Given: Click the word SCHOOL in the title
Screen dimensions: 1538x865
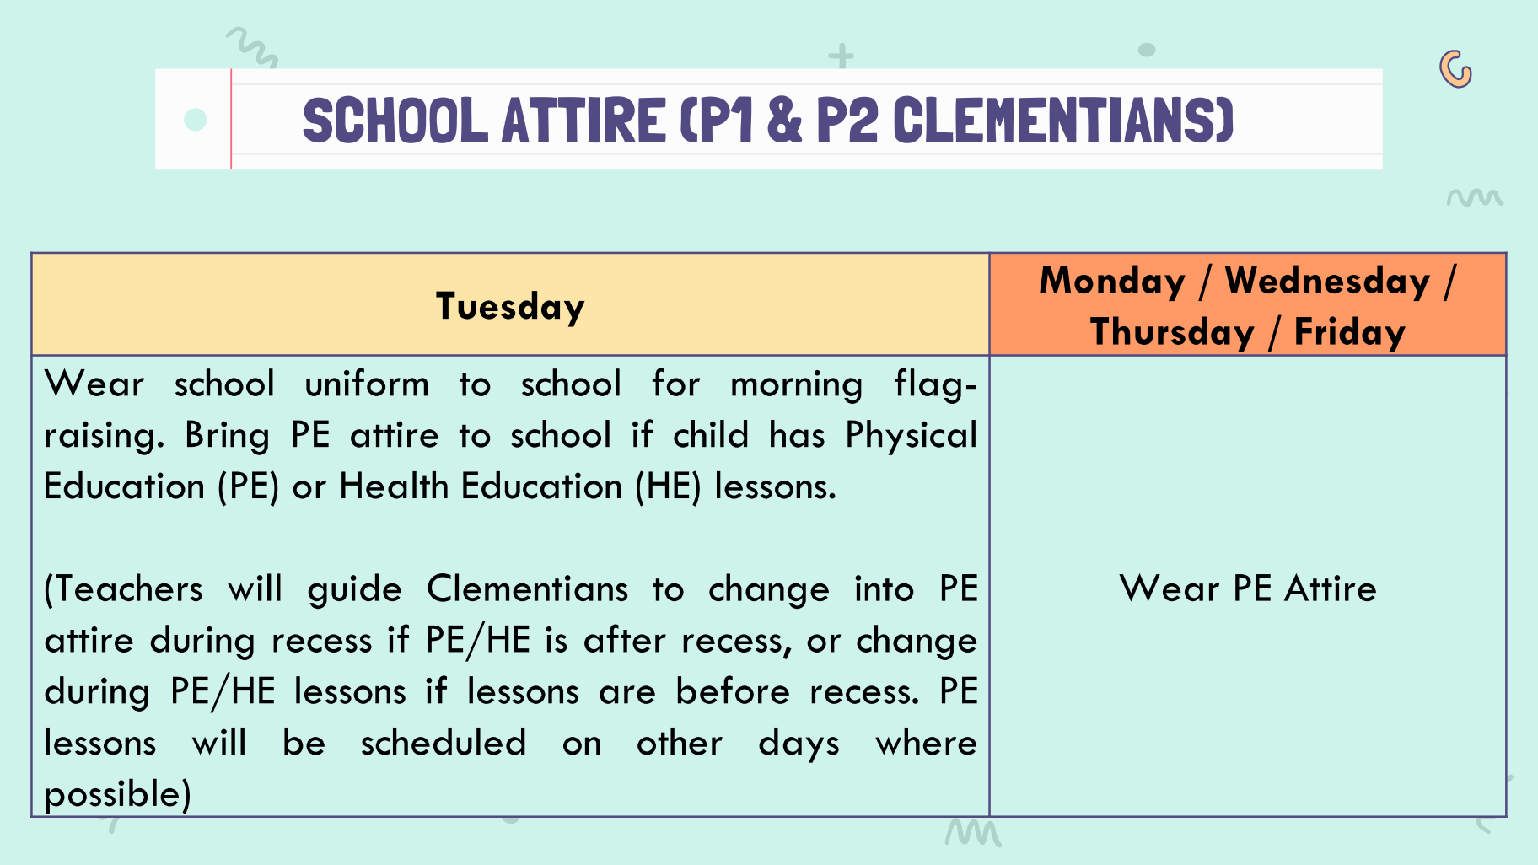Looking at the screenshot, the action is [x=395, y=121].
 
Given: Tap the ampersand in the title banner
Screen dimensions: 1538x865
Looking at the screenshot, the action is [x=784, y=120].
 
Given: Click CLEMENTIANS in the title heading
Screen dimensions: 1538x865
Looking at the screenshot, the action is [x=1063, y=121].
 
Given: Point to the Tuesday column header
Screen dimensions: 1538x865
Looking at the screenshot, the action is [x=510, y=306].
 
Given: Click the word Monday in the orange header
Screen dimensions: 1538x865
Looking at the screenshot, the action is [x=1112, y=281].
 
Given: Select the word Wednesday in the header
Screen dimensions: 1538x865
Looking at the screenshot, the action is [x=1327, y=281].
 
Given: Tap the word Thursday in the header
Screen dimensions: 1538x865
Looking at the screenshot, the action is [x=1172, y=332].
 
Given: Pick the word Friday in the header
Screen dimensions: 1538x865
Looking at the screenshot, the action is [x=1349, y=332].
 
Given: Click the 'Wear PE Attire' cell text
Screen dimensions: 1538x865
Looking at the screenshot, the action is [x=1248, y=588].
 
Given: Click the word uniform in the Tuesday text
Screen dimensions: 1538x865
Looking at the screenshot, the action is [x=367, y=384].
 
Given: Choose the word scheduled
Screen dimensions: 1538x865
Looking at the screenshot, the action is [x=444, y=743].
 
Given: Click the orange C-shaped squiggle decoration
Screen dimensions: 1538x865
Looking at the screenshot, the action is [x=1456, y=69].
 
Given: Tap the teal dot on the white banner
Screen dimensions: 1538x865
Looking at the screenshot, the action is [x=196, y=120].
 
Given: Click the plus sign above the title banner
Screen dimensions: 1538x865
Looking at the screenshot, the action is [x=841, y=56].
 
